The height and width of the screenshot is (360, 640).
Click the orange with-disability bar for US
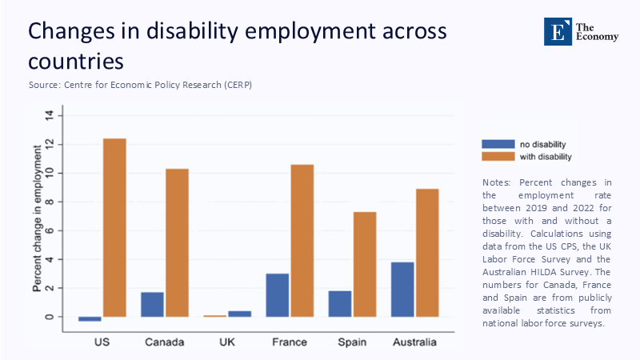[114, 227]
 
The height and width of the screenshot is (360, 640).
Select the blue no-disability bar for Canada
[152, 304]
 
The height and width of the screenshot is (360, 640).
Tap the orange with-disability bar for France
[302, 240]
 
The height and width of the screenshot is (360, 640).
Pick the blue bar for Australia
[402, 289]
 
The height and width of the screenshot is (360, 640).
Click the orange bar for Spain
[364, 264]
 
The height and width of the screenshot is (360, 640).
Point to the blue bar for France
[277, 295]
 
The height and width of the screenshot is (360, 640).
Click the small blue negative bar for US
[90, 318]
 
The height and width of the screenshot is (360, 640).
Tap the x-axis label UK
[227, 342]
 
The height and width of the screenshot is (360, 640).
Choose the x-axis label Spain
[352, 342]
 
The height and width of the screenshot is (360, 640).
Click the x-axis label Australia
[414, 342]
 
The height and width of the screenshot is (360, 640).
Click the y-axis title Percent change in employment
[38, 216]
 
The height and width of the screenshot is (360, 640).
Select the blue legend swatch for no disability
[497, 144]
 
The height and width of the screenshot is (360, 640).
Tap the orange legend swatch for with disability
[497, 157]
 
